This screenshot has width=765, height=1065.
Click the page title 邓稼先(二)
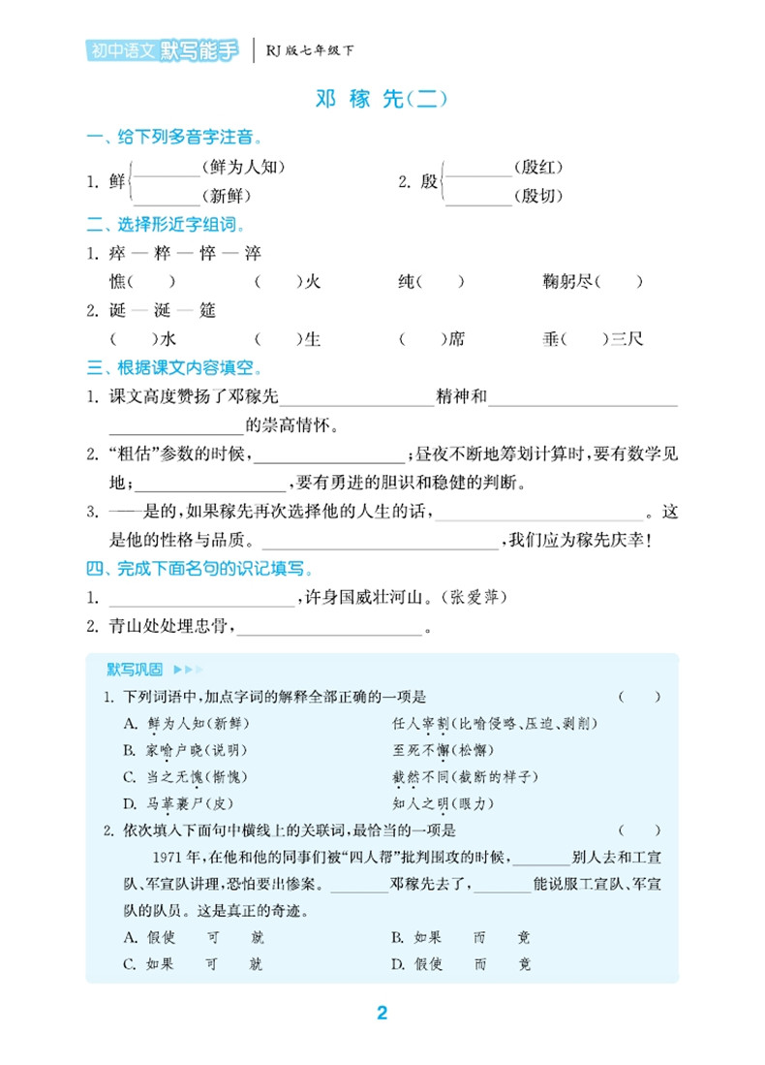click(x=382, y=99)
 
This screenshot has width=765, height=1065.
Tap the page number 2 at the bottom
click(x=382, y=1013)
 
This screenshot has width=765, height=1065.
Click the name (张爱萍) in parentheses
click(x=473, y=598)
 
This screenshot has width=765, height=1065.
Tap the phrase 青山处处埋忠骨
click(x=168, y=627)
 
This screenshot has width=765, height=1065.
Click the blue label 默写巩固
click(x=135, y=670)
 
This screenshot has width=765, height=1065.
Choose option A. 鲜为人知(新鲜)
click(x=181, y=723)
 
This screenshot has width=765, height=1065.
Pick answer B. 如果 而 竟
click(x=461, y=937)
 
